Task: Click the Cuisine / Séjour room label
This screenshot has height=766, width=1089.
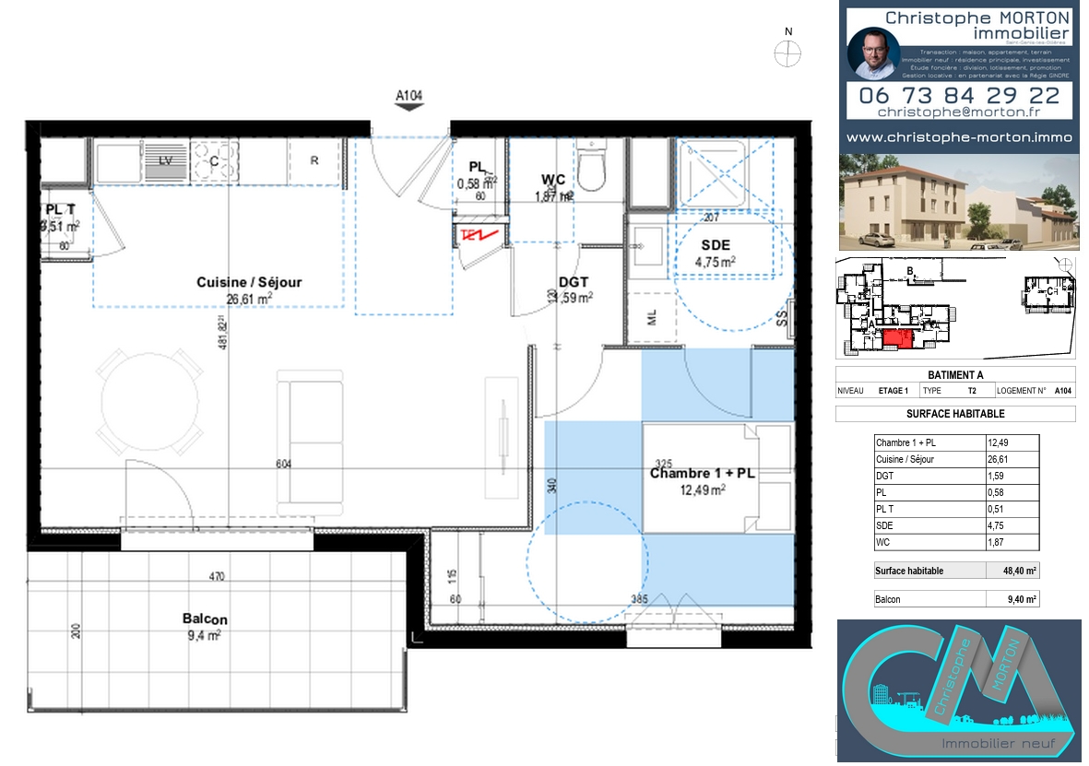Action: pos(249,283)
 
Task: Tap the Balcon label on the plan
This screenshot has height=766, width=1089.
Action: pos(205,619)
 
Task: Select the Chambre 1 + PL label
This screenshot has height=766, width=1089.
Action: pos(703,474)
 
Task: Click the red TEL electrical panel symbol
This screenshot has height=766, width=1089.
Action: pos(480,236)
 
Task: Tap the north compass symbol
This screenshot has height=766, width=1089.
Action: pos(787,53)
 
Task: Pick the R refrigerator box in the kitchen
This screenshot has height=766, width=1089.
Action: pos(314,160)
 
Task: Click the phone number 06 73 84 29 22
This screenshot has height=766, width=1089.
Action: pos(959,95)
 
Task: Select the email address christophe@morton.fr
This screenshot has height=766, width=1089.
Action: pos(959,112)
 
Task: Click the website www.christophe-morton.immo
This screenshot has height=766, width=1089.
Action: pos(959,137)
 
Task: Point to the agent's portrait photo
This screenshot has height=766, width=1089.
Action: pos(872,54)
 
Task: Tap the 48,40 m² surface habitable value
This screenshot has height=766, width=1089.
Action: pos(1020,571)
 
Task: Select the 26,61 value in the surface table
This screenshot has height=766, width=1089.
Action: pos(999,459)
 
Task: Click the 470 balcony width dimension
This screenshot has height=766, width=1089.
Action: pos(216,577)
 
